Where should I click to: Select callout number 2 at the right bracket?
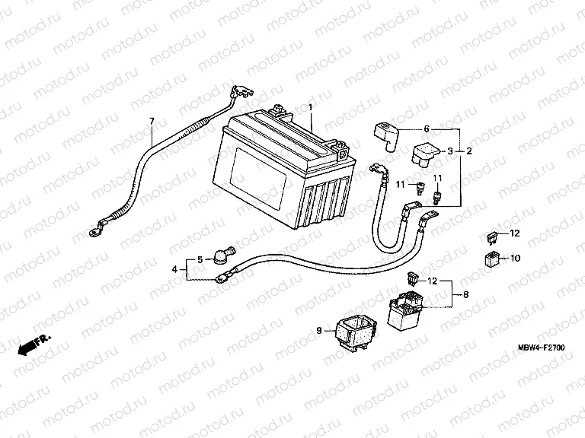click(x=468, y=151)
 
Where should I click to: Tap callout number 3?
click(x=450, y=151)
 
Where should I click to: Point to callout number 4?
click(x=174, y=268)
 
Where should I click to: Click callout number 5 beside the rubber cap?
click(x=200, y=260)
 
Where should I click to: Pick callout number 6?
click(x=427, y=129)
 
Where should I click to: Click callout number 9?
click(x=318, y=331)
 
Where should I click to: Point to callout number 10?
click(x=514, y=258)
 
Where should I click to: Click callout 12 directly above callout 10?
click(x=514, y=233)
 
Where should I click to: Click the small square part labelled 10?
click(x=492, y=259)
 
